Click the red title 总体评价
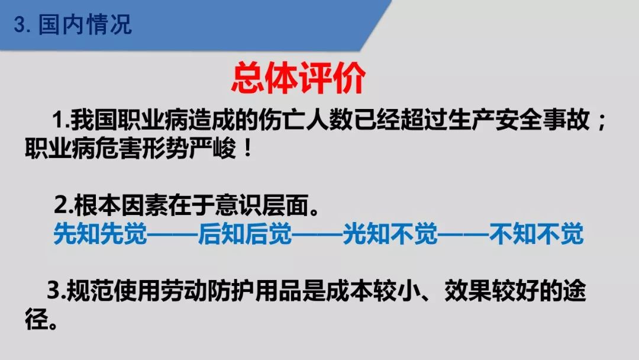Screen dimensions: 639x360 pos(298,78)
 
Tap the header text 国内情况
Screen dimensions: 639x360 pos(85,24)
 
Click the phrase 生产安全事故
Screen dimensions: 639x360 pos(519,120)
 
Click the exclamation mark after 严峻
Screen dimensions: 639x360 pos(247,149)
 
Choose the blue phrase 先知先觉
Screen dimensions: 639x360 pos(100,234)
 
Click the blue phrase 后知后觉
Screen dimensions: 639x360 pos(246,234)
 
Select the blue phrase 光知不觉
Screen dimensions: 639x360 pos(390,234)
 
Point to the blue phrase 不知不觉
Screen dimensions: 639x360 pos(536,234)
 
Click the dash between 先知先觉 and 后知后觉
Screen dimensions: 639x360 pos(173,234)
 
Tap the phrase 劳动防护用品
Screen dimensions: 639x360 pos(231,291)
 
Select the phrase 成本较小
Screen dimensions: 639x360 pos(373,291)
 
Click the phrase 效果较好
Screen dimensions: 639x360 pos(492,291)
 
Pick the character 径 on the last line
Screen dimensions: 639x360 pos(36,319)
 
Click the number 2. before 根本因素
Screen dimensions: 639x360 pos(63,206)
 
